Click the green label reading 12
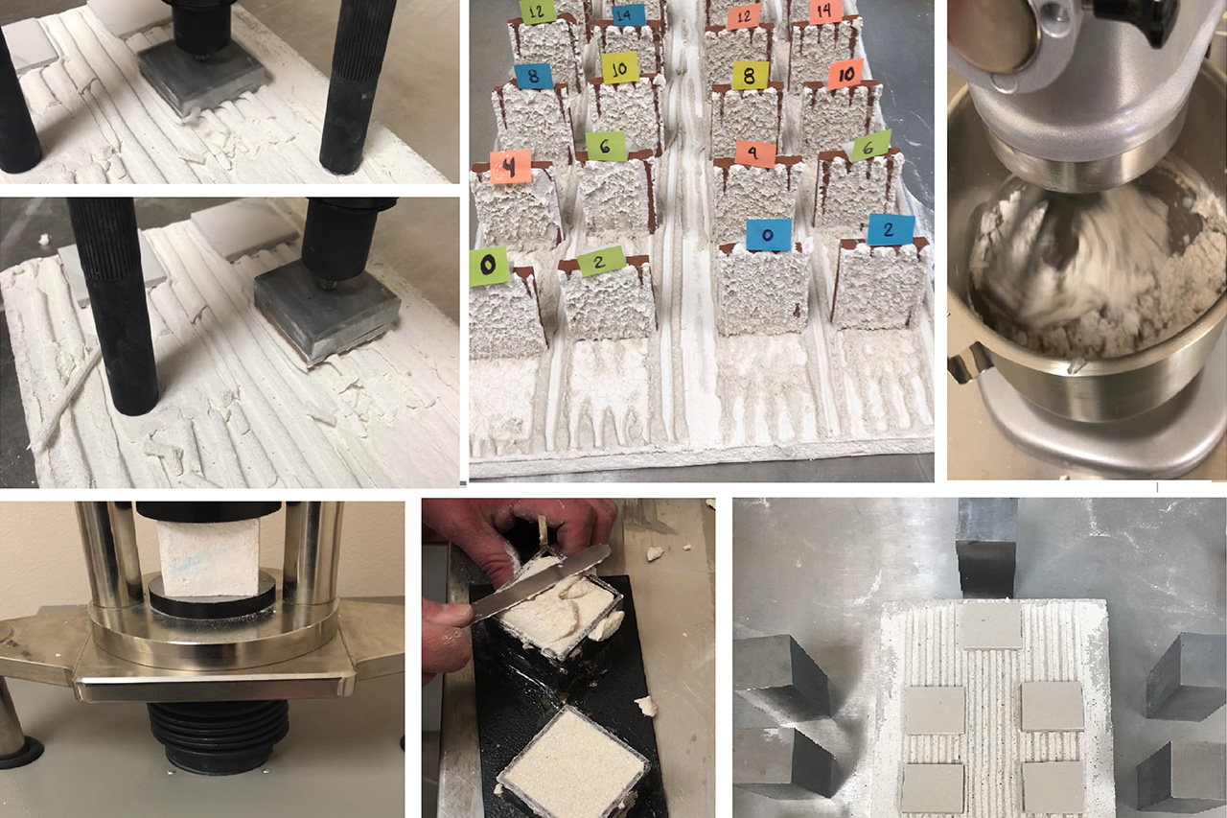click(537, 11)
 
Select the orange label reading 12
click(743, 14)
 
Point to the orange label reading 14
click(825, 11)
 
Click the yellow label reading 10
click(620, 67)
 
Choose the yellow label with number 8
click(750, 76)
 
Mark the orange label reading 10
click(845, 74)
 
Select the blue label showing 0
click(767, 234)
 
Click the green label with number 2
click(601, 261)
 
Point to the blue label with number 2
click(891, 230)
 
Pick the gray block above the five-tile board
click(986, 547)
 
